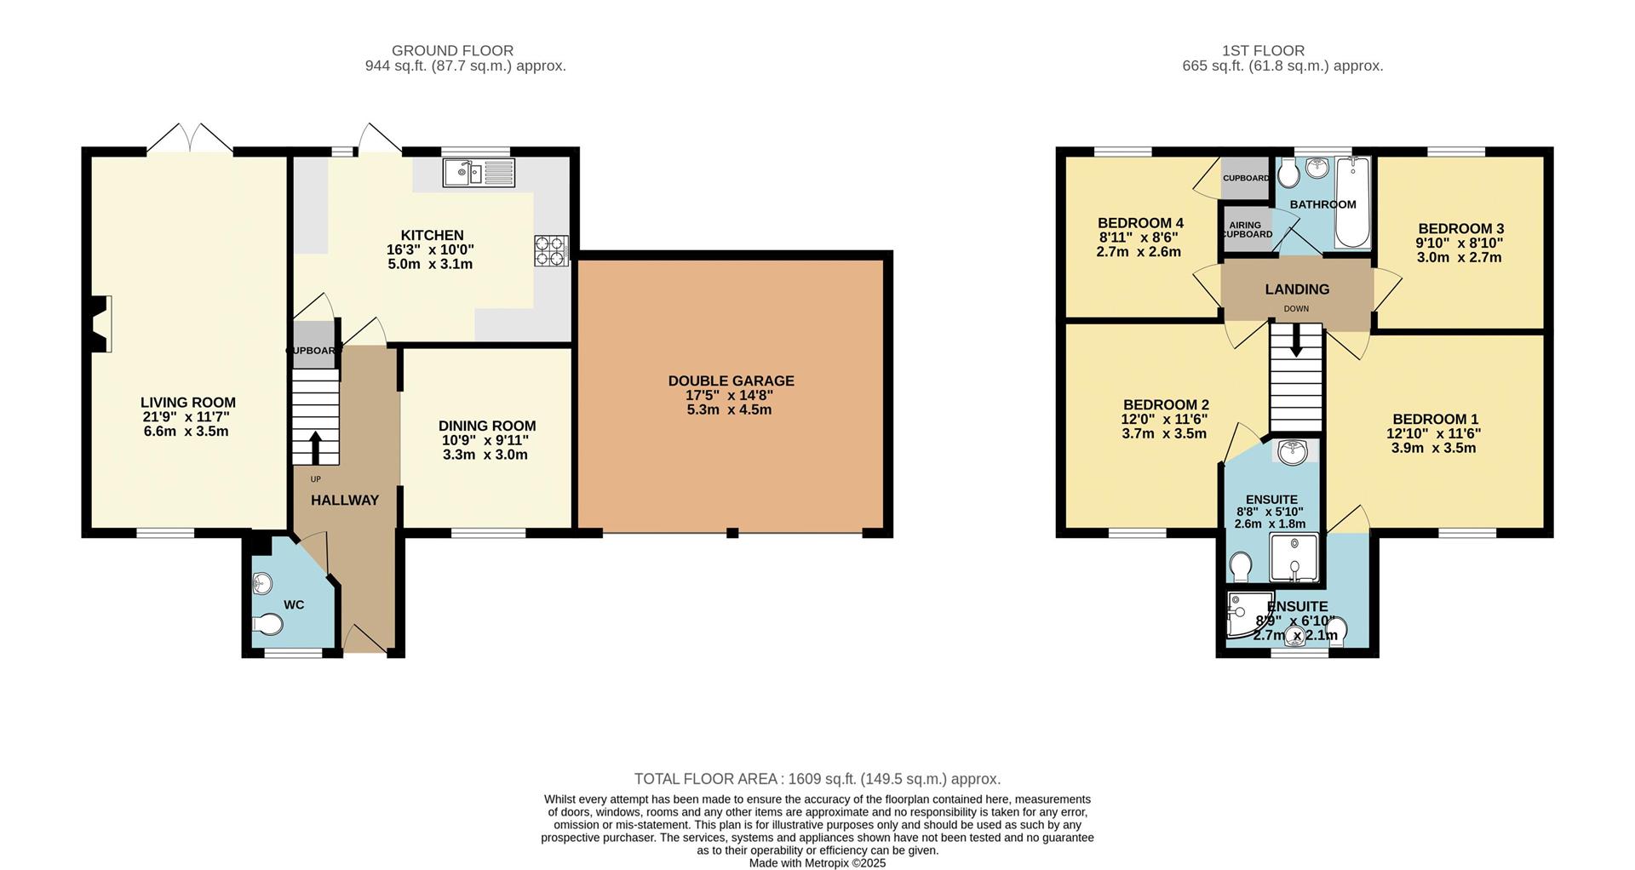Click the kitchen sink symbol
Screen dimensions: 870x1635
[x=479, y=173]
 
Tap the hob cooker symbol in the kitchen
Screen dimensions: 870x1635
[x=551, y=250]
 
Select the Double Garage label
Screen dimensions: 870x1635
[x=731, y=381]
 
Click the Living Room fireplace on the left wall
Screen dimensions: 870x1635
[x=100, y=323]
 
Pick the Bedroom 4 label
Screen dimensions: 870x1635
[x=1140, y=223]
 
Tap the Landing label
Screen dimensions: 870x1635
[x=1296, y=289]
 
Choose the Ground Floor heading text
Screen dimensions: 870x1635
[x=452, y=51]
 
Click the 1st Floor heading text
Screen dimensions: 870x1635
[x=1261, y=51]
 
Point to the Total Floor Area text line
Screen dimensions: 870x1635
[x=817, y=779]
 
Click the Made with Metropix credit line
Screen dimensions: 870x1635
[x=817, y=862]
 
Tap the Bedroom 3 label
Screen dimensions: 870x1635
[x=1460, y=229]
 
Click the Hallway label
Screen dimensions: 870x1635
[x=344, y=501]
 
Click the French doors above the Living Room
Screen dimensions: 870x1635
[x=190, y=139]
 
